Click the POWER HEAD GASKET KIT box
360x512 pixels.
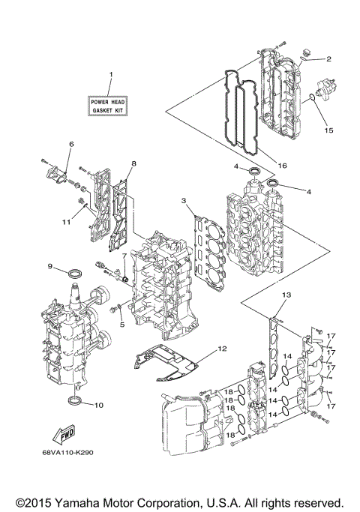coord(108,105)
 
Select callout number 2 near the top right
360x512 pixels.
coord(328,58)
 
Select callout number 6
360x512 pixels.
coord(71,143)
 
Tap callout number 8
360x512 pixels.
coord(133,163)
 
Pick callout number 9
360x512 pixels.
coord(50,267)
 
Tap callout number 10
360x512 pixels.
coord(99,406)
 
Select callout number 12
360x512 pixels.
coord(221,348)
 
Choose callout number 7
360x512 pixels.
coord(116,256)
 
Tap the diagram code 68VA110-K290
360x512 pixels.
coord(73,452)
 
